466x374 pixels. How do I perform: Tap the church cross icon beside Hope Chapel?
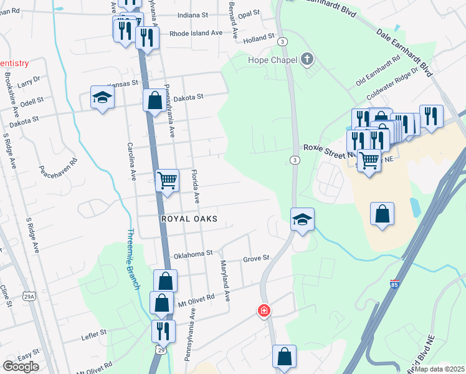tap(306, 60)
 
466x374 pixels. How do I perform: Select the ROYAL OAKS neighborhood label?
tap(189, 219)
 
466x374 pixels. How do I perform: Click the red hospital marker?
tap(265, 310)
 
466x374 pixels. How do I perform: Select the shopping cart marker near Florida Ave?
tap(167, 181)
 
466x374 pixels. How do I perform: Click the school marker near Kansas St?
tap(102, 97)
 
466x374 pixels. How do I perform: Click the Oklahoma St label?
tap(193, 254)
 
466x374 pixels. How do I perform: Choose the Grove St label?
tap(255, 258)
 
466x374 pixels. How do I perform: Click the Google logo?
tap(21, 366)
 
